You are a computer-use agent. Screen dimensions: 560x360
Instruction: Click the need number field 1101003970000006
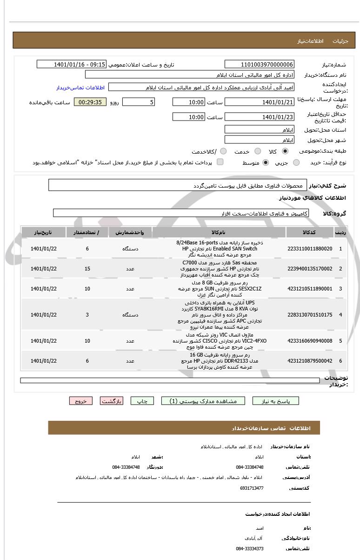[260, 64]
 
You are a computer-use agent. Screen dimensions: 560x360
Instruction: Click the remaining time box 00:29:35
[90, 102]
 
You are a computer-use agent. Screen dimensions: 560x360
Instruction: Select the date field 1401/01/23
[260, 117]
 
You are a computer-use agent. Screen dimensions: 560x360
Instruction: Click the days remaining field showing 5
[139, 102]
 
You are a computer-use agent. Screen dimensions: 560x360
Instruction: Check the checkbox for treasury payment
[220, 162]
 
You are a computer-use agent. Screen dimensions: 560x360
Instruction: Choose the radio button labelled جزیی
[296, 162]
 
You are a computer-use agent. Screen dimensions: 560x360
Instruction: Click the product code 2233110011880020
[310, 249]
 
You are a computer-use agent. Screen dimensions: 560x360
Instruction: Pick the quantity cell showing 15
[87, 269]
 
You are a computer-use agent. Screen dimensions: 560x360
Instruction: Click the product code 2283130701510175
[310, 315]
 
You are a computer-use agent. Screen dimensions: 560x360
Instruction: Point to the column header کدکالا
[310, 232]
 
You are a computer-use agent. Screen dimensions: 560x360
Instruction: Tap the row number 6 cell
[340, 361]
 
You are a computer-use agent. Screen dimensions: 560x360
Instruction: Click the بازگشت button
[112, 401]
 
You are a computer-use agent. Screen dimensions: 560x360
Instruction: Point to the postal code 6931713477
[252, 488]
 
